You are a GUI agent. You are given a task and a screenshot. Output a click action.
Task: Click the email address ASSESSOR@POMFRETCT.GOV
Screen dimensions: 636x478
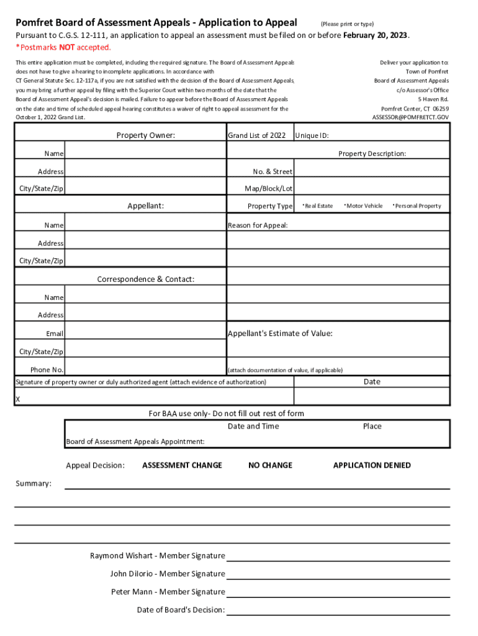tap(410, 117)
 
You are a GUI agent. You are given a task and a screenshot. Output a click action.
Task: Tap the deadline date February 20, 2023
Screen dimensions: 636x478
tap(376, 35)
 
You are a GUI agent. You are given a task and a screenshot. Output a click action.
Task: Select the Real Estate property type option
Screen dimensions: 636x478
tap(318, 206)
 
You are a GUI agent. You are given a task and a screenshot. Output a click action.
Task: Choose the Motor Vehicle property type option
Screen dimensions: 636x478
tap(364, 206)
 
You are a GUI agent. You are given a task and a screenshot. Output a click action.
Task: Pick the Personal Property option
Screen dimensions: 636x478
tap(417, 206)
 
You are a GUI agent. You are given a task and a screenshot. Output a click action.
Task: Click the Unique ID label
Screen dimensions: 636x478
tap(312, 135)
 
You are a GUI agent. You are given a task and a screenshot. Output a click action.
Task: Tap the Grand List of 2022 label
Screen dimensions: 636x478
tap(256, 135)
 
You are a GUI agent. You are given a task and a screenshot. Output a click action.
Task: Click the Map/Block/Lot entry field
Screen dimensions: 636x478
tap(372, 188)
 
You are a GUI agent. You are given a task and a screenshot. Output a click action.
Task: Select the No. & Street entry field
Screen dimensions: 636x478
tap(372, 171)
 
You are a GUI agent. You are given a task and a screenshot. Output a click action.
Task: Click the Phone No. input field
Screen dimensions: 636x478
tap(145, 370)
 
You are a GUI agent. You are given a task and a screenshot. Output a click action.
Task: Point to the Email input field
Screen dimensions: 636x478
tap(145, 334)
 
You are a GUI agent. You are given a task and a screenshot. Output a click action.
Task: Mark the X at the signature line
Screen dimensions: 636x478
tap(17, 399)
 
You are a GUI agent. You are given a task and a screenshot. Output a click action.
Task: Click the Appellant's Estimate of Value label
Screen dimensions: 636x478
tap(280, 334)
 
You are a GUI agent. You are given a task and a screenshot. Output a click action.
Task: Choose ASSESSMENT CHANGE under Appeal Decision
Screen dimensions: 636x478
tap(182, 465)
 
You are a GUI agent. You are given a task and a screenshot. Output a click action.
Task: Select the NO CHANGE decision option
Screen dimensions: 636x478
tap(270, 465)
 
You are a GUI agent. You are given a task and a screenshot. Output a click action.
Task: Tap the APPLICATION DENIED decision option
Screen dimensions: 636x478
tap(372, 465)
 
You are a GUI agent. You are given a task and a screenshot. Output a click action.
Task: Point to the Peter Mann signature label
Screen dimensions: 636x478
tap(168, 592)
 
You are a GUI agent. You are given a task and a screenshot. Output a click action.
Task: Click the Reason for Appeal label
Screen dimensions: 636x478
tap(258, 225)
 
